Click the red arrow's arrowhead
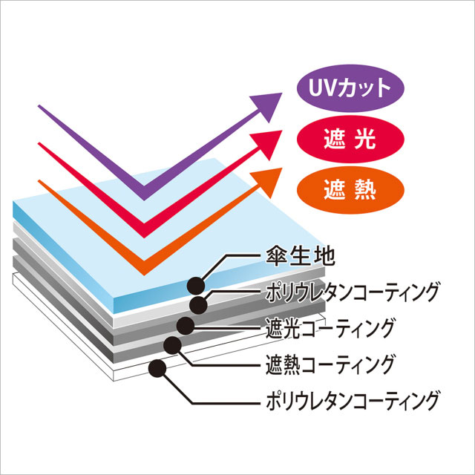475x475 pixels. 270,142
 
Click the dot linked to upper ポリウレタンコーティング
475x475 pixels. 199,304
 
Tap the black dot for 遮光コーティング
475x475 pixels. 185,324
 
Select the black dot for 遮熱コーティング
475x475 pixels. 173,344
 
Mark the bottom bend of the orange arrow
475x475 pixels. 143,263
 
